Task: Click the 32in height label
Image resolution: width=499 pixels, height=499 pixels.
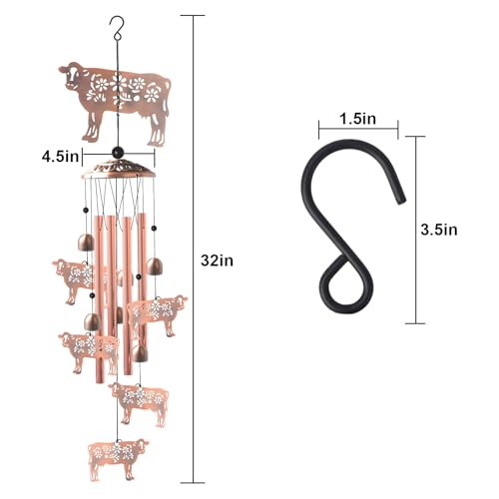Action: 217,260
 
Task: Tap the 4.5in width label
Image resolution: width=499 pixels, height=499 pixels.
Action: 60,157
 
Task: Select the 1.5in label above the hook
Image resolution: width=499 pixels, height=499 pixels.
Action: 357,119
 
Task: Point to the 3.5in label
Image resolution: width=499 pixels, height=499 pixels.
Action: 439,230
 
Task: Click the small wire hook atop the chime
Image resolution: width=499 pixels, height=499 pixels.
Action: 117,28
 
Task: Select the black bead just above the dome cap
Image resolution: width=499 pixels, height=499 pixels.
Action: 117,153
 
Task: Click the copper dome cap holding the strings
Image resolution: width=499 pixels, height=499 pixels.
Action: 118,170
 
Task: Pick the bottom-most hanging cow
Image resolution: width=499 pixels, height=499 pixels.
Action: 118,459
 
